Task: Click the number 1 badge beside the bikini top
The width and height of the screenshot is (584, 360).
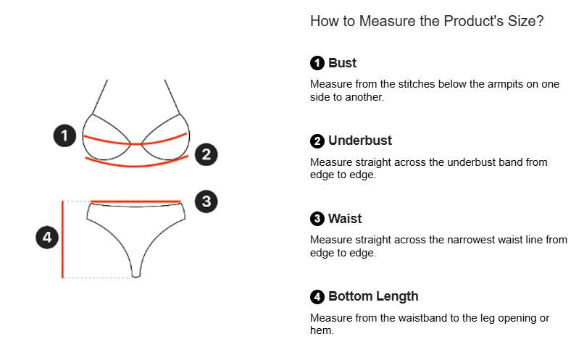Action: pos(64,135)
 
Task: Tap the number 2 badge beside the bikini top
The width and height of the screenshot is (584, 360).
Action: pos(207,154)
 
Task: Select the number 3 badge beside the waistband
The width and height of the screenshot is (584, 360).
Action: pos(207,201)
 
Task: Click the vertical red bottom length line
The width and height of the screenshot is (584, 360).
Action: pos(63,239)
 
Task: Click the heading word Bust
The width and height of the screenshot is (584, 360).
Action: pos(342,63)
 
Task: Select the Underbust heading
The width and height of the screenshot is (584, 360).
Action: pos(360,141)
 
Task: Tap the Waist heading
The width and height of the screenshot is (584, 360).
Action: pos(345,219)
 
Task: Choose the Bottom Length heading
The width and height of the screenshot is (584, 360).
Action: pos(373,296)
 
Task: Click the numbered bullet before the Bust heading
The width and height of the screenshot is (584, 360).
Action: pos(317,63)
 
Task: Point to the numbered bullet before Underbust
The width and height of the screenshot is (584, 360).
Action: pos(317,141)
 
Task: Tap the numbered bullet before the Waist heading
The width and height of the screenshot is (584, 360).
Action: pos(317,219)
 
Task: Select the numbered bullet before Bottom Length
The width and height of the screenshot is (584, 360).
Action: pos(317,297)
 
